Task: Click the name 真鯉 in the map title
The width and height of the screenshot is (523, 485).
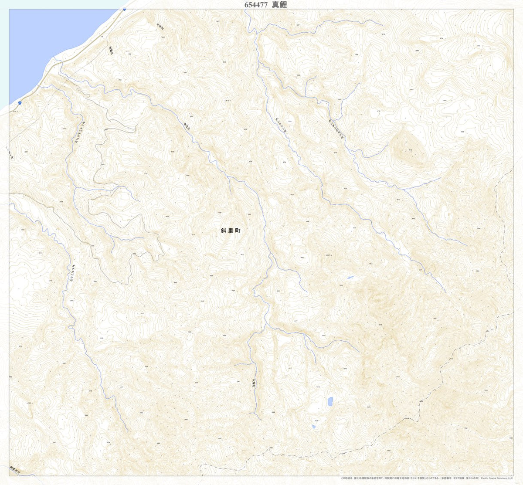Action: click(280, 4)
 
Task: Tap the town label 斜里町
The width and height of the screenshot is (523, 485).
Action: click(231, 231)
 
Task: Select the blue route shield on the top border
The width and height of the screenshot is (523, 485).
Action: click(125, 9)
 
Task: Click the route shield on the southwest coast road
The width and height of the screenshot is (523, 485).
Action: click(20, 102)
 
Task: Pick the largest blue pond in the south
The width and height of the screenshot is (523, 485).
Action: click(330, 401)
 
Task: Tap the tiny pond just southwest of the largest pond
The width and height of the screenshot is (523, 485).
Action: click(313, 427)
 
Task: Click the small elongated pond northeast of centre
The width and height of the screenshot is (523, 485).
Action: click(350, 277)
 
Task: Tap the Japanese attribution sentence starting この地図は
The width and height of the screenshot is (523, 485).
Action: click(410, 478)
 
